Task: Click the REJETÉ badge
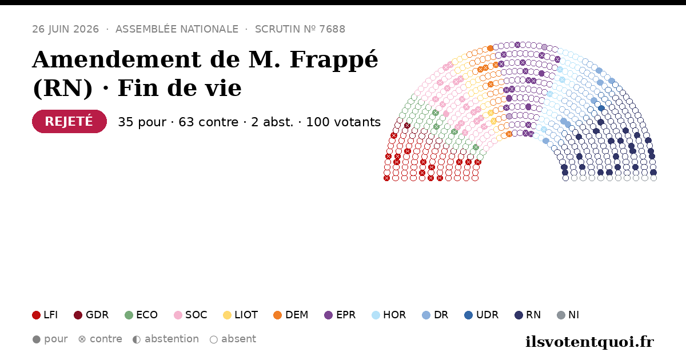coord(69,122)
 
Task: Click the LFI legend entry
coord(45,315)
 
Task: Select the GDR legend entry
coord(91,315)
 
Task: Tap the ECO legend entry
coord(141,315)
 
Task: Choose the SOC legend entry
coord(190,315)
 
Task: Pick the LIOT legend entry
coord(241,315)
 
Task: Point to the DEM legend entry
coord(290,315)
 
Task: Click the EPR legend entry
coord(340,315)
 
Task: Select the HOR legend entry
coord(389,315)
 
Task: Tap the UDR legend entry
coord(481,315)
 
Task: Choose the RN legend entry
coord(528,315)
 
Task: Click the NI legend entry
coord(568,315)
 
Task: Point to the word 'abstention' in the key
coord(172,339)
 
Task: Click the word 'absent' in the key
coord(238,339)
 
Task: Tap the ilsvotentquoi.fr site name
coord(589,342)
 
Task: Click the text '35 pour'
coord(142,122)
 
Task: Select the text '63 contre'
coord(208,122)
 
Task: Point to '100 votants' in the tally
coord(344,122)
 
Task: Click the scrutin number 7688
coord(332,29)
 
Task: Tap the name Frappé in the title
coord(334,60)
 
